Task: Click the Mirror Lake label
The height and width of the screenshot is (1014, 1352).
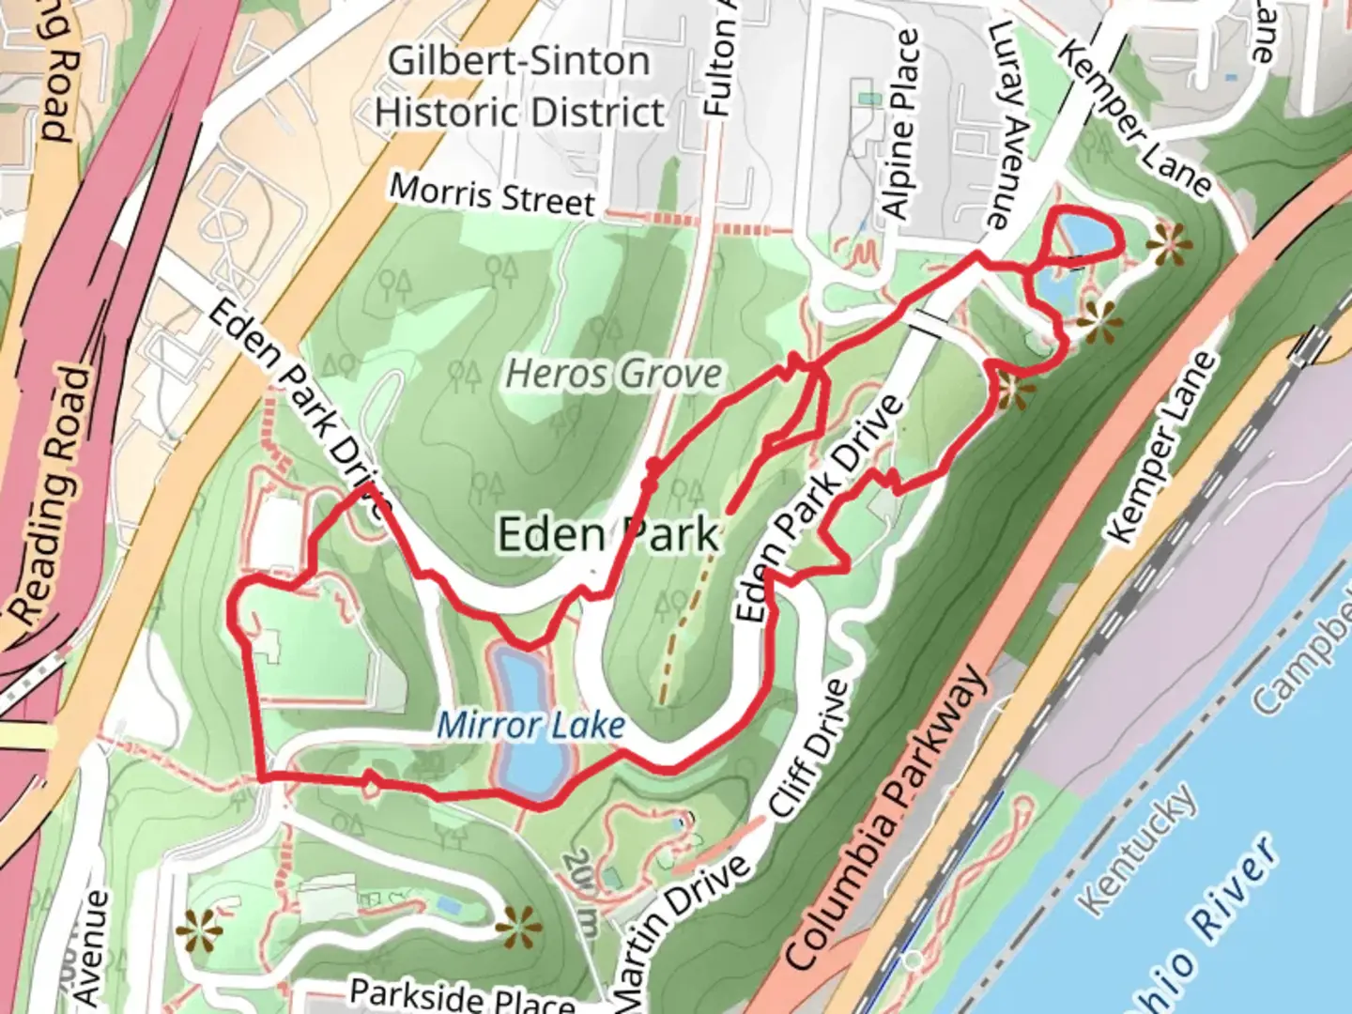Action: pyautogui.click(x=530, y=725)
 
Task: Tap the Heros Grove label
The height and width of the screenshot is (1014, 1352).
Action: pyautogui.click(x=615, y=374)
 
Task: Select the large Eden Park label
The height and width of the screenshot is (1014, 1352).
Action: pyautogui.click(x=608, y=535)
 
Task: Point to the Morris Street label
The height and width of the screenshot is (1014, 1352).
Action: pyautogui.click(x=492, y=194)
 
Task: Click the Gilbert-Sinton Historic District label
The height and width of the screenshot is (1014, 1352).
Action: pyautogui.click(x=519, y=86)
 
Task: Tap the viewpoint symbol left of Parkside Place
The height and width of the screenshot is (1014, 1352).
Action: pyautogui.click(x=199, y=931)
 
